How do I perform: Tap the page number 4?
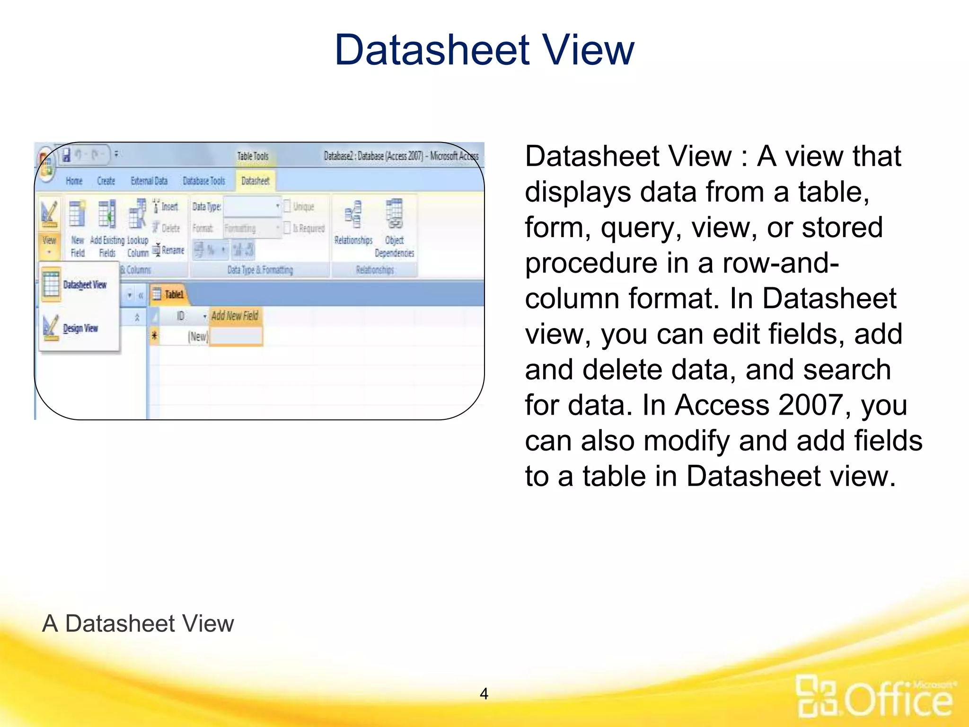[x=484, y=693]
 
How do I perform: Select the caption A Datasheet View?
[x=138, y=623]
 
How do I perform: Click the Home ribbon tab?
[x=74, y=181]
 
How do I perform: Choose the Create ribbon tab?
[x=106, y=181]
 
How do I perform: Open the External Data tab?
[x=149, y=181]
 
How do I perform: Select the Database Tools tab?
[x=204, y=181]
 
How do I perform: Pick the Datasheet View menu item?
[x=84, y=284]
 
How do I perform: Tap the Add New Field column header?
[x=235, y=316]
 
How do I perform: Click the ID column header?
[x=180, y=316]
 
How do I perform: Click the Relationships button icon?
[x=353, y=215]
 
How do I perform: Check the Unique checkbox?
[x=287, y=206]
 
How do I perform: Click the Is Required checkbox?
[x=287, y=228]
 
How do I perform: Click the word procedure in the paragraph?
[x=591, y=263]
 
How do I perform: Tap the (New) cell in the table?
[x=197, y=337]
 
